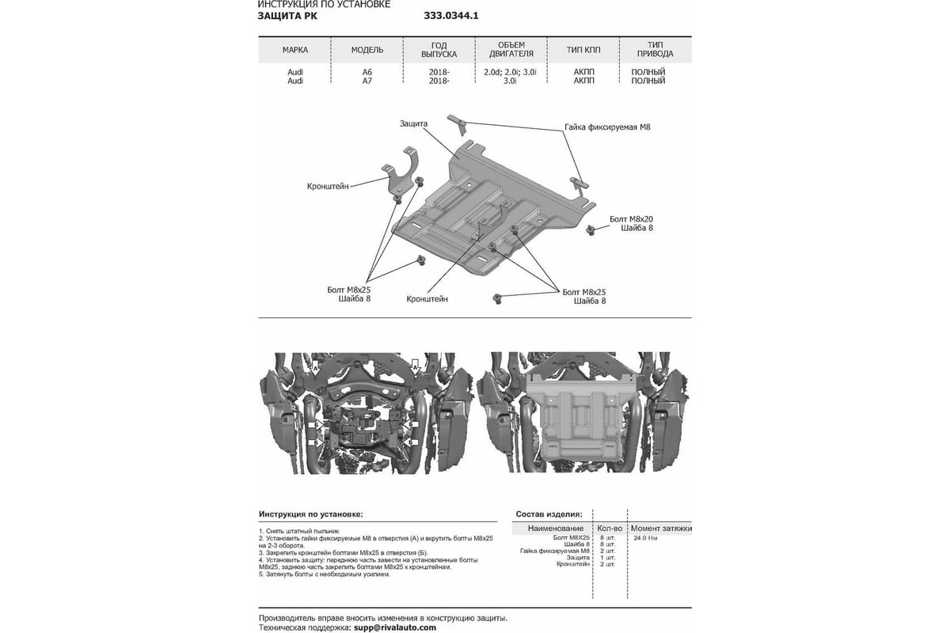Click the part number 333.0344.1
(x=451, y=15)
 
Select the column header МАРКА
(x=294, y=50)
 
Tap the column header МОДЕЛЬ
(x=367, y=50)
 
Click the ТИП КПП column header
(x=583, y=50)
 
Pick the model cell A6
(x=367, y=71)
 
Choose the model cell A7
(x=367, y=81)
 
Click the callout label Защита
(x=413, y=124)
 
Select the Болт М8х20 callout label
(x=631, y=218)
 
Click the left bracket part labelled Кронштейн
(x=404, y=170)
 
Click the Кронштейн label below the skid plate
(x=427, y=299)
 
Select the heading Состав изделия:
(x=549, y=514)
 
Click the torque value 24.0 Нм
(x=645, y=538)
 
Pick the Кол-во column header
(x=609, y=528)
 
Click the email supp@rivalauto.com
(x=394, y=627)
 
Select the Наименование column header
(x=555, y=528)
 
